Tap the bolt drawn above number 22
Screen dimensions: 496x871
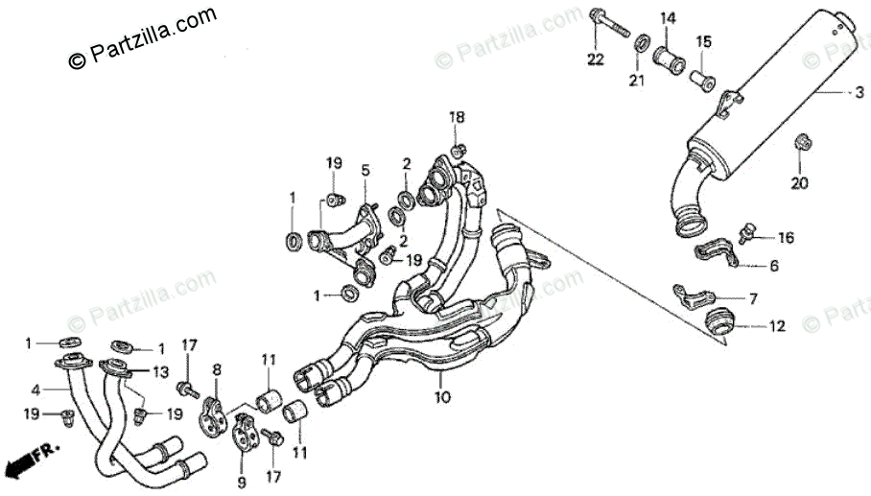click(x=606, y=24)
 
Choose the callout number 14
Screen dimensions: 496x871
click(x=667, y=17)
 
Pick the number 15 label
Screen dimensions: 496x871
click(x=704, y=42)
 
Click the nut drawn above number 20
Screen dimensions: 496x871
click(x=801, y=144)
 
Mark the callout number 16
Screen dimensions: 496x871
click(x=786, y=237)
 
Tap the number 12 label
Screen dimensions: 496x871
click(x=777, y=326)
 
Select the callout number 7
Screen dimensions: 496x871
click(x=753, y=298)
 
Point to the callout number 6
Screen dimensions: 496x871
click(x=773, y=267)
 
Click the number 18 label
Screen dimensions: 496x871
click(x=458, y=117)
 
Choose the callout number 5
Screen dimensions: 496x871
click(x=365, y=171)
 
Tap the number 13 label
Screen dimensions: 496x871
click(x=160, y=372)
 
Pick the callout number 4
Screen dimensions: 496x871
click(x=35, y=390)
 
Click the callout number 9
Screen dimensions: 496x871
click(x=241, y=481)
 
